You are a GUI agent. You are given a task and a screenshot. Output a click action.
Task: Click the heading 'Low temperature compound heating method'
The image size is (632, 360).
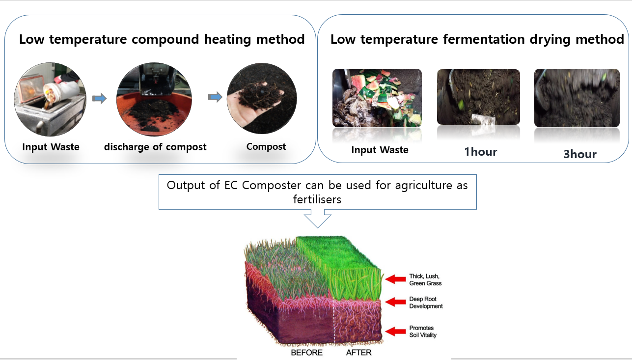click(x=162, y=39)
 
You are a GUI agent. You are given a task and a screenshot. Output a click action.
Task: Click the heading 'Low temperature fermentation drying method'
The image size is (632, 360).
click(x=477, y=39)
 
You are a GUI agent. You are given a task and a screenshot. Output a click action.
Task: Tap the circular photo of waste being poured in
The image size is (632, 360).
click(x=50, y=99)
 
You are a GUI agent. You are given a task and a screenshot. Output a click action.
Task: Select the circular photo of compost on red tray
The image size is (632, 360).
click(x=154, y=99)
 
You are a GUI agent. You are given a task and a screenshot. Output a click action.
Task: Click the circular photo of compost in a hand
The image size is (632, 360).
click(x=262, y=98)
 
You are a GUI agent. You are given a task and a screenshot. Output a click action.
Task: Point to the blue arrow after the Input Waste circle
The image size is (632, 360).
click(x=99, y=98)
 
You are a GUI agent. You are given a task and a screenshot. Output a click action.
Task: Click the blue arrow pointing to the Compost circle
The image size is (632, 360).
click(x=215, y=97)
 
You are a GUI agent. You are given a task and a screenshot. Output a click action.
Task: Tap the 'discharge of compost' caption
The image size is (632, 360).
click(x=155, y=147)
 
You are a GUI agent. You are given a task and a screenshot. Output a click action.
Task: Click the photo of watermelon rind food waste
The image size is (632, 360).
click(x=377, y=98)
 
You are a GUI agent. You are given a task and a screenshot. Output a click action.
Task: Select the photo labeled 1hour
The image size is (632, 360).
click(x=478, y=97)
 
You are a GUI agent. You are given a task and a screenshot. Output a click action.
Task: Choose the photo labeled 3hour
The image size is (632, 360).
click(x=577, y=98)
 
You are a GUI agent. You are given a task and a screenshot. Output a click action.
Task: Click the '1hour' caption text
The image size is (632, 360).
click(x=481, y=152)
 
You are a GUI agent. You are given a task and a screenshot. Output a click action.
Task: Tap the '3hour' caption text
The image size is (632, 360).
click(x=580, y=154)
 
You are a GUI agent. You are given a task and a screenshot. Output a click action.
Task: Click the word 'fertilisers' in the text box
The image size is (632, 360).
click(x=317, y=199)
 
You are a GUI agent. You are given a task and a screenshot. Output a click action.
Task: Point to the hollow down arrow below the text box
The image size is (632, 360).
click(x=318, y=219)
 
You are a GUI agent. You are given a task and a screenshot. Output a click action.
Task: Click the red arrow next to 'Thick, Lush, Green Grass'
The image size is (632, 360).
click(x=396, y=279)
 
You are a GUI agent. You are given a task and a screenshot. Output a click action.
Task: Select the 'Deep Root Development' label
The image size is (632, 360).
click(x=426, y=303)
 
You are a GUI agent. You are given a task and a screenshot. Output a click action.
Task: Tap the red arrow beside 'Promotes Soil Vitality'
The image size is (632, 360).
click(x=396, y=331)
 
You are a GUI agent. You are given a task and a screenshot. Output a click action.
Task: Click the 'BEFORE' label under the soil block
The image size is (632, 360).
click(x=307, y=352)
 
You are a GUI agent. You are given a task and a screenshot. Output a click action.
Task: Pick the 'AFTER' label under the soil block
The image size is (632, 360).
click(x=359, y=352)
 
